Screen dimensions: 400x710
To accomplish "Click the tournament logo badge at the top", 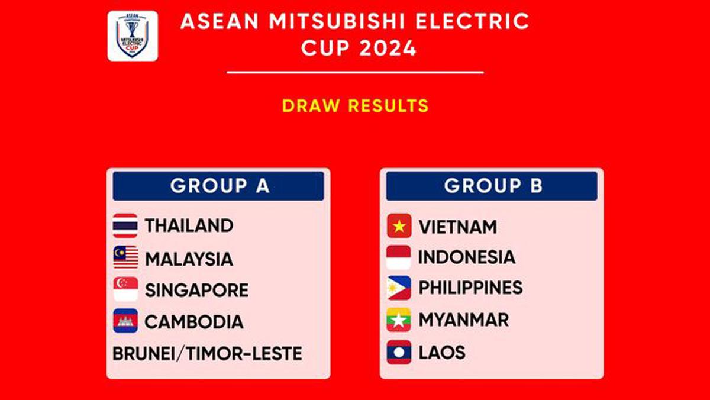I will click(133, 36).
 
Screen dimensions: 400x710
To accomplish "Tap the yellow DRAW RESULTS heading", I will click(355, 106).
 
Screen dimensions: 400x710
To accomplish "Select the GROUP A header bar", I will click(218, 186).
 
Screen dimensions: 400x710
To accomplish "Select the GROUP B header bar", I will click(492, 186).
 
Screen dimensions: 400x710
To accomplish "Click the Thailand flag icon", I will click(125, 225).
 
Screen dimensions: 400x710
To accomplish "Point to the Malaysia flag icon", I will click(125, 257).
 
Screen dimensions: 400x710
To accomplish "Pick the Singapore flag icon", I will click(125, 289).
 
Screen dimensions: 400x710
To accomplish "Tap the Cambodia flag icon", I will click(125, 321).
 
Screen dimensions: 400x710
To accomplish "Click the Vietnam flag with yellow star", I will click(399, 226).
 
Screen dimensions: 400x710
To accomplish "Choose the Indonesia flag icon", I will click(399, 257).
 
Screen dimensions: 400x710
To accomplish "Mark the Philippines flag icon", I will click(399, 288).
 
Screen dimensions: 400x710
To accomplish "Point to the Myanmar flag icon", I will click(399, 320).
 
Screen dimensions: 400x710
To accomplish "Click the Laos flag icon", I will click(399, 352).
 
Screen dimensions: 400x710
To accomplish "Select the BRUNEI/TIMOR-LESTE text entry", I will click(207, 354).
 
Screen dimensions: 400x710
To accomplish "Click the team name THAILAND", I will click(189, 225).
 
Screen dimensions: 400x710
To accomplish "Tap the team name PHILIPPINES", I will click(470, 288).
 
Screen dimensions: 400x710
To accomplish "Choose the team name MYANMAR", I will click(463, 320).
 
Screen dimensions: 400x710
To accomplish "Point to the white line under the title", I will click(355, 73).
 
